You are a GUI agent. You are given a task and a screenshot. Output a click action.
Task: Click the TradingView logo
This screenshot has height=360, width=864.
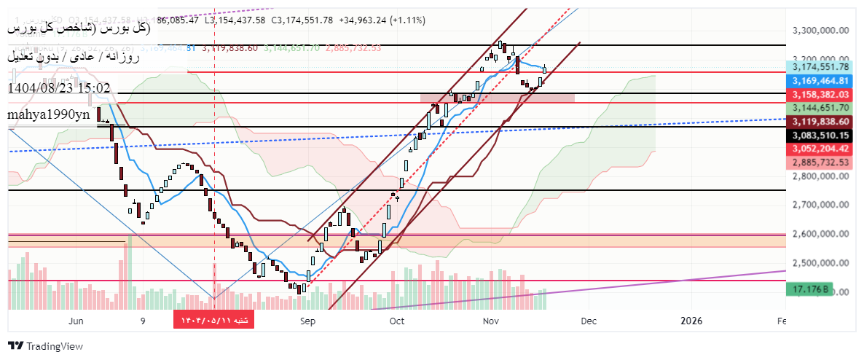click(x=45, y=346)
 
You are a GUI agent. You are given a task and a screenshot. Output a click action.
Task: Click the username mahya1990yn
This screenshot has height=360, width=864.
click(x=49, y=114)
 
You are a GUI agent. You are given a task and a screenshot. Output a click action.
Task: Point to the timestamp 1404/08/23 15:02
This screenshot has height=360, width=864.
click(x=59, y=88)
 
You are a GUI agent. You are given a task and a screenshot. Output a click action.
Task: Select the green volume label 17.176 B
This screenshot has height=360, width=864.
click(x=808, y=289)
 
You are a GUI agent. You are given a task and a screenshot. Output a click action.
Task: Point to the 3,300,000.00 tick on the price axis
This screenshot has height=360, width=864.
click(x=820, y=31)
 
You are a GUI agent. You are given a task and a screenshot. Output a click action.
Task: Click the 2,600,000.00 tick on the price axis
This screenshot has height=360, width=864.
click(x=820, y=234)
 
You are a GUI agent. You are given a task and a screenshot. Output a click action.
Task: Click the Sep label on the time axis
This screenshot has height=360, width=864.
click(x=307, y=321)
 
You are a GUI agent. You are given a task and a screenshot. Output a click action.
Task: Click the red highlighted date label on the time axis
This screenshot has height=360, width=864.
click(x=213, y=321)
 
